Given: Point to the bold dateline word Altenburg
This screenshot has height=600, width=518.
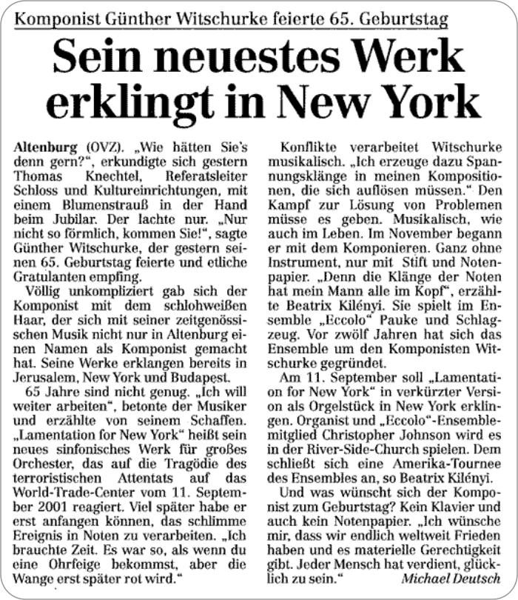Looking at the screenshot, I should [x=43, y=148].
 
